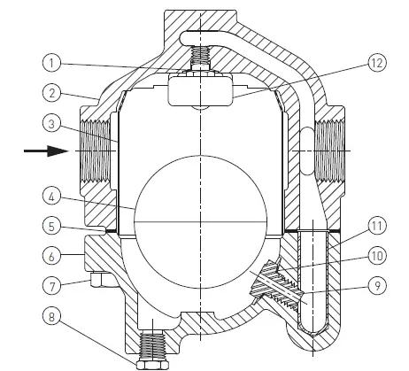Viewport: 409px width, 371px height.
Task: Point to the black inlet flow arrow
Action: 43,151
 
